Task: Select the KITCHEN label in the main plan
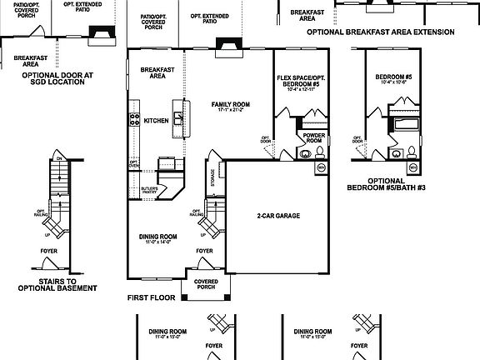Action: [x=156, y=121]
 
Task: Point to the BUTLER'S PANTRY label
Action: [x=151, y=190]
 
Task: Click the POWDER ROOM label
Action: [x=314, y=138]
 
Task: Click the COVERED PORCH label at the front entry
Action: [x=205, y=284]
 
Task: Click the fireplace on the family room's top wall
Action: [x=226, y=47]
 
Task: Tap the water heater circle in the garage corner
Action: [x=320, y=168]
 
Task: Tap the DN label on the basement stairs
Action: [x=58, y=157]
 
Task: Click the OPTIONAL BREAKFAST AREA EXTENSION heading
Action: [x=380, y=32]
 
